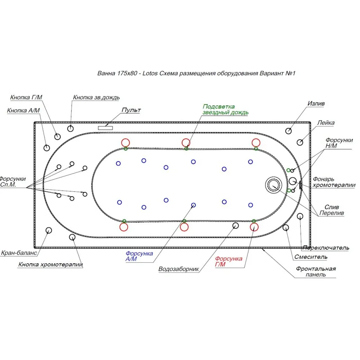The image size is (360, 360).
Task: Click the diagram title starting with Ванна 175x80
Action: pos(198,73)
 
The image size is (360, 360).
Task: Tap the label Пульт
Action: pos(131,110)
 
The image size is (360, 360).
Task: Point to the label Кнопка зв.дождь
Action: pos(96,97)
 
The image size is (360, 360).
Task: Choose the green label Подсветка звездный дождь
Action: pos(225,109)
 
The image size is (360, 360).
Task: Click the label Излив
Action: pos(316,103)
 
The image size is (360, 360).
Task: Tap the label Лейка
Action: pos(326,122)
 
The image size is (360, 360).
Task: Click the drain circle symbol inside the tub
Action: pos(272,184)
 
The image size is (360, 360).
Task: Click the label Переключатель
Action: pos(326,247)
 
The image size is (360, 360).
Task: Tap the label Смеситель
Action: pos(310,257)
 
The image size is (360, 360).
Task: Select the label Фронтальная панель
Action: pos(316,272)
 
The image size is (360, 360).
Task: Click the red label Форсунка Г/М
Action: pos(229,261)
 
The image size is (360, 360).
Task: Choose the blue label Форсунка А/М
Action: pos(139,256)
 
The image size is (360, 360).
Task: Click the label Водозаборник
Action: pos(179,270)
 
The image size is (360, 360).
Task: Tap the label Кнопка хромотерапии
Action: pos(51,265)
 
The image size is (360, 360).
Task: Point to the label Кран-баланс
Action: pos(18,253)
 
